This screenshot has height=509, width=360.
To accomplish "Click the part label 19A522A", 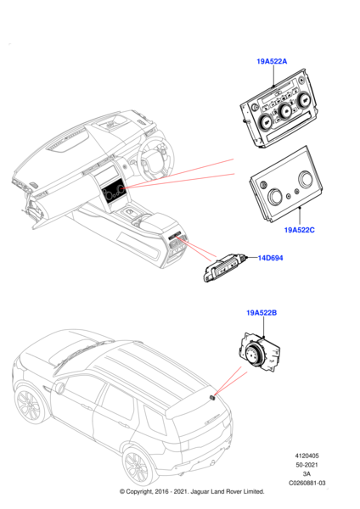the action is click(272, 61).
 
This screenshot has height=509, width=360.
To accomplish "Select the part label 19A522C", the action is click(299, 230).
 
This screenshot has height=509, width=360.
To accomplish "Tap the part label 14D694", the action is click(270, 258).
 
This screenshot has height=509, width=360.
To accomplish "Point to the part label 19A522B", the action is click(262, 313).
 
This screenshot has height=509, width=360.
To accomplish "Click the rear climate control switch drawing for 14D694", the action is click(226, 267).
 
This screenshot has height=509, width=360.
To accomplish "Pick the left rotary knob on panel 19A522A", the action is click(266, 121).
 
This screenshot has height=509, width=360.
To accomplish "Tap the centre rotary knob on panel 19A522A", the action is click(285, 111).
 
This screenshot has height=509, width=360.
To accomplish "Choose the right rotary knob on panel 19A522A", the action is click(305, 100).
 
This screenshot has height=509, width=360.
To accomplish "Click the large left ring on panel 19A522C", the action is click(275, 197).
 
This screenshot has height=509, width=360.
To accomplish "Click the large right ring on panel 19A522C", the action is click(306, 180).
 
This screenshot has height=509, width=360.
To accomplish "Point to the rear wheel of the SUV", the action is click(138, 467).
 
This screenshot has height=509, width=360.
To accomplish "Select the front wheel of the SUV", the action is click(28, 405).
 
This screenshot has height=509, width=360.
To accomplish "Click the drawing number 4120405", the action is click(307, 456).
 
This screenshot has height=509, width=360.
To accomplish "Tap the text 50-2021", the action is click(307, 465).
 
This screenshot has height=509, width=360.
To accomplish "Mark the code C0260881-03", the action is click(307, 483).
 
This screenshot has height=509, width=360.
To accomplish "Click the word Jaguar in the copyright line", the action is click(200, 491).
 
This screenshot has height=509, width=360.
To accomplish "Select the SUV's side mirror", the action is click(59, 387).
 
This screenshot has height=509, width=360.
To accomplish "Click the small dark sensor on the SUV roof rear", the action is click(213, 397).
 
